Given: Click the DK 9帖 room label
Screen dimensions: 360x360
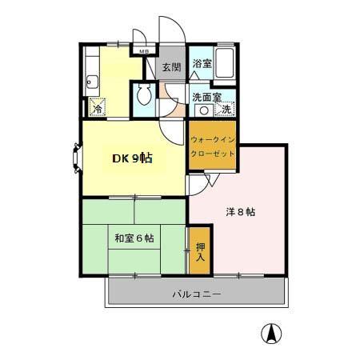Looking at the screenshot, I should [130, 158].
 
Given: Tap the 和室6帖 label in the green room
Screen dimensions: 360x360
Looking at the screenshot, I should [134, 238].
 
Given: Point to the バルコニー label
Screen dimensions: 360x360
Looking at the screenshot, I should [196, 294].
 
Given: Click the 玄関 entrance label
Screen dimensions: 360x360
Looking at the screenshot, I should [172, 68].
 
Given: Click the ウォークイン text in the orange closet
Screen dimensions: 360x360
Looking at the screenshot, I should [212, 138].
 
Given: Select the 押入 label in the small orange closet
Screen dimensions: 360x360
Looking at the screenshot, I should [199, 252].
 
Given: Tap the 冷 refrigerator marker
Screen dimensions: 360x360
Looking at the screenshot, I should [97, 108].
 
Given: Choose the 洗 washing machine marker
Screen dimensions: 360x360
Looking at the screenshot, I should [226, 109].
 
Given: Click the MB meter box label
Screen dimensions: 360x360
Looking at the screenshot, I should [144, 53].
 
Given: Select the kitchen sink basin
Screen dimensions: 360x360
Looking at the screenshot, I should [90, 80].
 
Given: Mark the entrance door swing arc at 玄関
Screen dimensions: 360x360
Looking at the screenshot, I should [171, 32].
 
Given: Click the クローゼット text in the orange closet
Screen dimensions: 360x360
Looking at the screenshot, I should [212, 152].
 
